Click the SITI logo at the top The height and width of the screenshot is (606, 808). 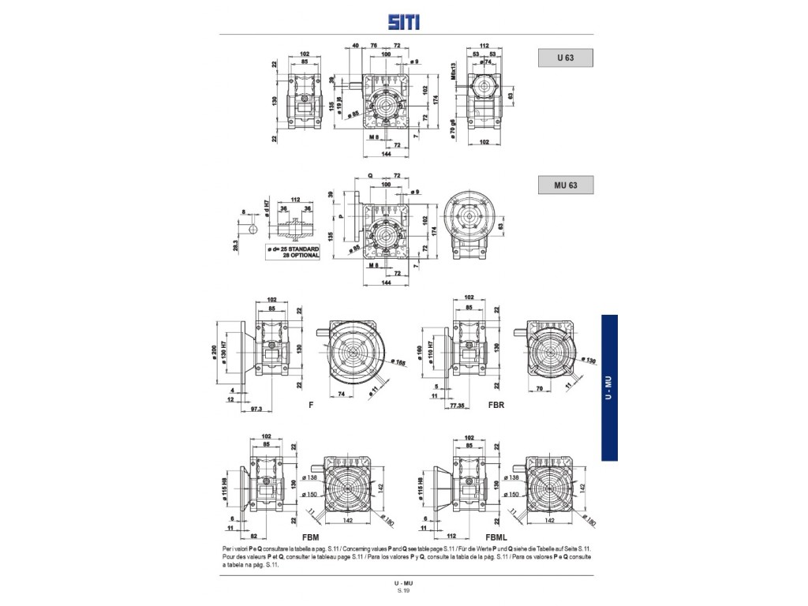404,23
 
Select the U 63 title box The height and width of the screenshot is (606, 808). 565,58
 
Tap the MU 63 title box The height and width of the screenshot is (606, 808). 565,185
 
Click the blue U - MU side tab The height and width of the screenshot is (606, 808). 609,387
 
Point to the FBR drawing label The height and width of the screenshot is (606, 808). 496,405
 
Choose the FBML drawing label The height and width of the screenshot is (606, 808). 496,534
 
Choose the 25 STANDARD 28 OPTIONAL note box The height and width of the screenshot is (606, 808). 293,252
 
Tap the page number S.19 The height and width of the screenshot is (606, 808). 404,590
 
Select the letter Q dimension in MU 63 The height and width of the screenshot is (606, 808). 369,176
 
